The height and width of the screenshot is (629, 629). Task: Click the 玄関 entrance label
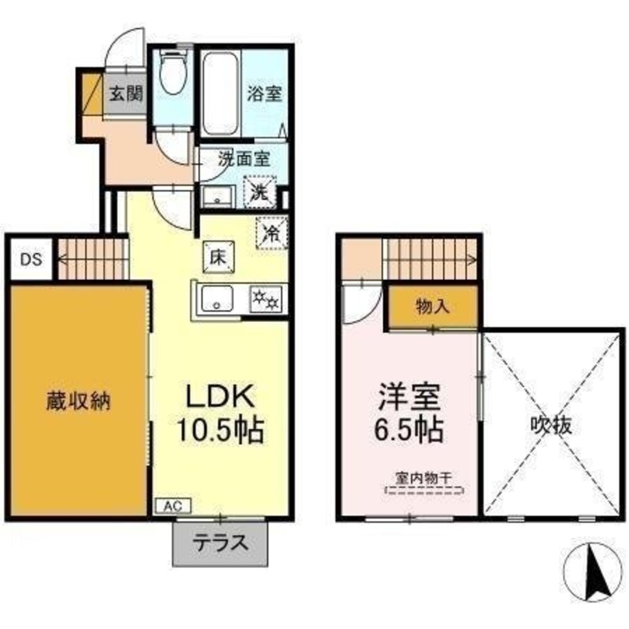point(126,94)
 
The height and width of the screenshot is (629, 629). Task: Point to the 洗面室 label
point(243,159)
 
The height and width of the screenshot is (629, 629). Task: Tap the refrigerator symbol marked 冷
point(272,233)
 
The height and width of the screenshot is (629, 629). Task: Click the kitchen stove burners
point(265,298)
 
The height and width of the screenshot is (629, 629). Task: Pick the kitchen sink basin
point(216,299)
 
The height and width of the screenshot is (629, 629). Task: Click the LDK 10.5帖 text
point(218,413)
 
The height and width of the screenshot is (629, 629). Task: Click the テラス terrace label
point(220,542)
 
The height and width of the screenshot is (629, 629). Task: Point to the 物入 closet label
point(432,307)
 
